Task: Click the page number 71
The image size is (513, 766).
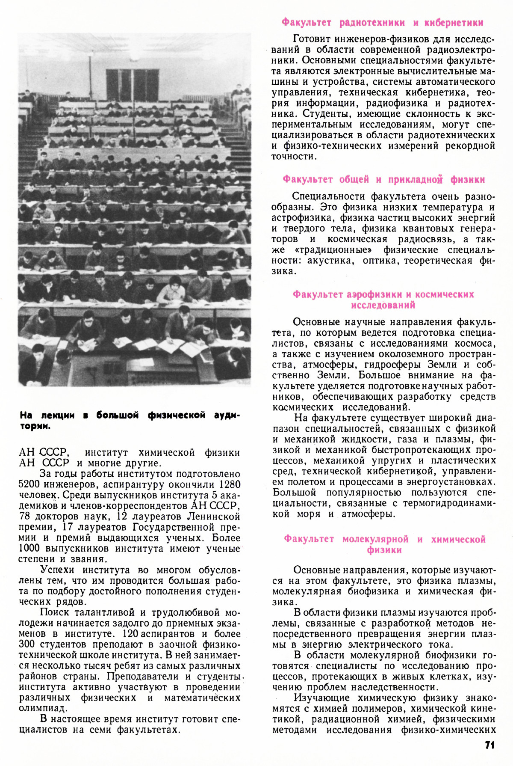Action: click(x=490, y=745)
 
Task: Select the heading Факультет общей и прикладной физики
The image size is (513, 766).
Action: click(x=383, y=180)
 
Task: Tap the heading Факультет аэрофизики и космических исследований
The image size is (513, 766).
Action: click(x=383, y=300)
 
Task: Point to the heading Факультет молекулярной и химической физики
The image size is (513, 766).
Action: click(x=384, y=544)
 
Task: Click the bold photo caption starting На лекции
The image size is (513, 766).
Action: click(x=130, y=420)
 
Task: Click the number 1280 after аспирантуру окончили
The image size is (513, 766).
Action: click(x=230, y=484)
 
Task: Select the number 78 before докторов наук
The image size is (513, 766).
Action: click(x=25, y=517)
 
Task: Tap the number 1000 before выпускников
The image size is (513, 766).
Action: click(x=29, y=548)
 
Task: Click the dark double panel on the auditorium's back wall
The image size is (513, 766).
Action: click(x=132, y=85)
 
